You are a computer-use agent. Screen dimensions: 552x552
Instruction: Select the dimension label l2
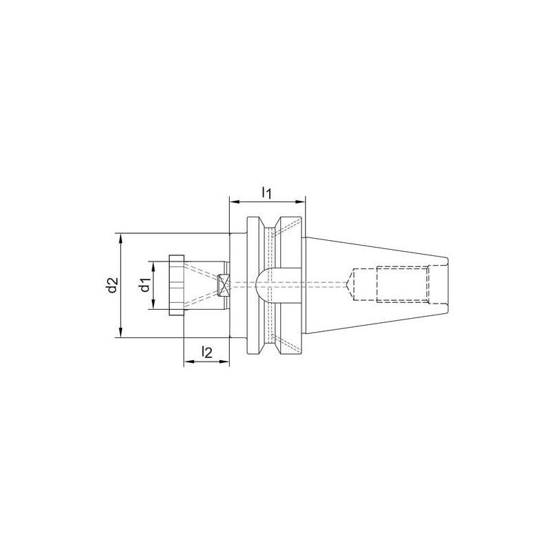(206, 352)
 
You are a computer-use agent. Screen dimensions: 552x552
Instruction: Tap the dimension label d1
(144, 285)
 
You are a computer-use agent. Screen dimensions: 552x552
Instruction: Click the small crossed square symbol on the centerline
(224, 284)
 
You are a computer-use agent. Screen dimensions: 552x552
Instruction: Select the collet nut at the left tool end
(177, 285)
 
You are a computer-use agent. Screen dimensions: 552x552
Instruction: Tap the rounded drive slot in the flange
(265, 284)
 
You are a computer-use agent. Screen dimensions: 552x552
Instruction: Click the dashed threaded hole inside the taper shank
(402, 285)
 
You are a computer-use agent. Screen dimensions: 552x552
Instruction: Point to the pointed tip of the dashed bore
(348, 285)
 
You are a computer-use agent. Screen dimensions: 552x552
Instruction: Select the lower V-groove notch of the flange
(270, 343)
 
